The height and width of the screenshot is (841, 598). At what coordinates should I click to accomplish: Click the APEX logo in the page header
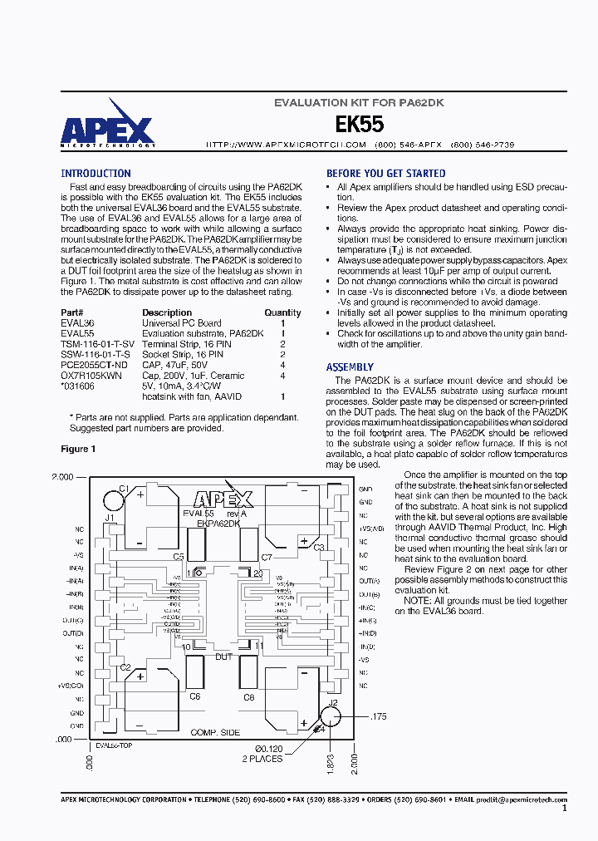tap(107, 129)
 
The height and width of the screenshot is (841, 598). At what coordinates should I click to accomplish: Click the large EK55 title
tap(359, 125)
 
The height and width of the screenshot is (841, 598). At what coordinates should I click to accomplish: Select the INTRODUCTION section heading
tap(96, 174)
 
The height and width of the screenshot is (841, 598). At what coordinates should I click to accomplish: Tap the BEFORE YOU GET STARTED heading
tap(385, 174)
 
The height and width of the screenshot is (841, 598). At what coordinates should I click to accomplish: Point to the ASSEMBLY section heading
tap(350, 367)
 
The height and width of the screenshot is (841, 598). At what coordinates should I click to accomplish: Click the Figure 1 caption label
tap(78, 449)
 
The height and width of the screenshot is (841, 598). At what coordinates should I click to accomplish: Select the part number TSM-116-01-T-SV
tap(97, 343)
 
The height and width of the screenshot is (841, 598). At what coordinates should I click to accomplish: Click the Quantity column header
tap(282, 313)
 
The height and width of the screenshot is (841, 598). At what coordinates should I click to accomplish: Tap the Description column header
tap(167, 313)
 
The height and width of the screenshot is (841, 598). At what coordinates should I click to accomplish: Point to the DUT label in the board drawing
tap(224, 657)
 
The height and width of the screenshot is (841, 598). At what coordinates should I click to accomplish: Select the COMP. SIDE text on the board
tap(215, 732)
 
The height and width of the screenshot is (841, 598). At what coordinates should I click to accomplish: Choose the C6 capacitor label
tap(194, 696)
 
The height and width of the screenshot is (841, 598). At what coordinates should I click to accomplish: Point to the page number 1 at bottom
tap(565, 808)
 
